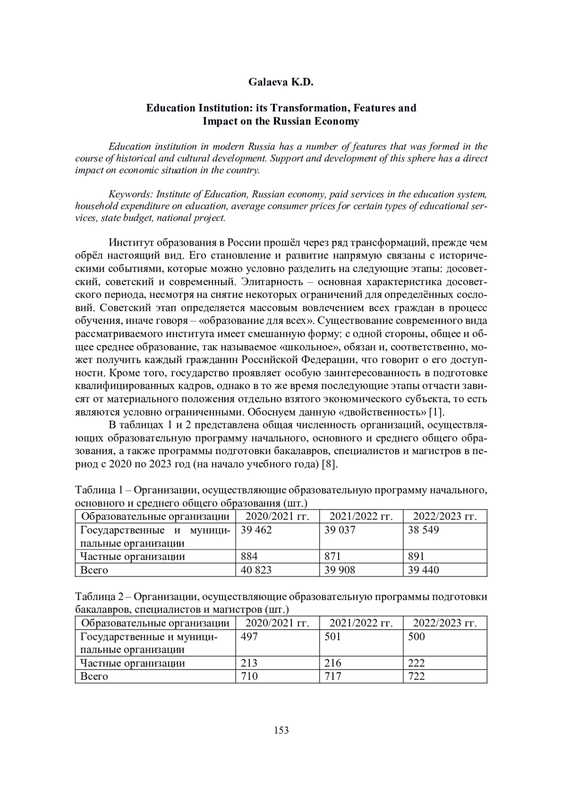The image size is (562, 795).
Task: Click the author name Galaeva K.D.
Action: click(x=281, y=83)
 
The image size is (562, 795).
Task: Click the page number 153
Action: click(x=281, y=730)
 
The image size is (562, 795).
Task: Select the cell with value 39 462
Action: click(x=256, y=530)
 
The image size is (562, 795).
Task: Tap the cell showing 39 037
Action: click(x=340, y=530)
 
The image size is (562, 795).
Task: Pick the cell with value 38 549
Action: click(x=423, y=530)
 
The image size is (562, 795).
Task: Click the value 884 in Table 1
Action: click(x=249, y=556)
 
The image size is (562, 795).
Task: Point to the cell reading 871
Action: click(x=333, y=556)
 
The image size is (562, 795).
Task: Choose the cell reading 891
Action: click(x=416, y=556)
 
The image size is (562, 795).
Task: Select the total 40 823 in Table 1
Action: click(x=256, y=570)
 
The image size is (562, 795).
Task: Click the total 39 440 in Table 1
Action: click(x=423, y=570)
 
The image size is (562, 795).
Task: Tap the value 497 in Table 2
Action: click(x=249, y=637)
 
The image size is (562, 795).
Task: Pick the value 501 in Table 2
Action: click(x=333, y=637)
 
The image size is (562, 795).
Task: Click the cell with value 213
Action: click(x=249, y=663)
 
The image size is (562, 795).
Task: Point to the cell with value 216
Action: click(x=333, y=663)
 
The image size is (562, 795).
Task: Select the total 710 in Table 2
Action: click(x=249, y=677)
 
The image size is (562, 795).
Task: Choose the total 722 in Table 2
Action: click(x=416, y=677)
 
